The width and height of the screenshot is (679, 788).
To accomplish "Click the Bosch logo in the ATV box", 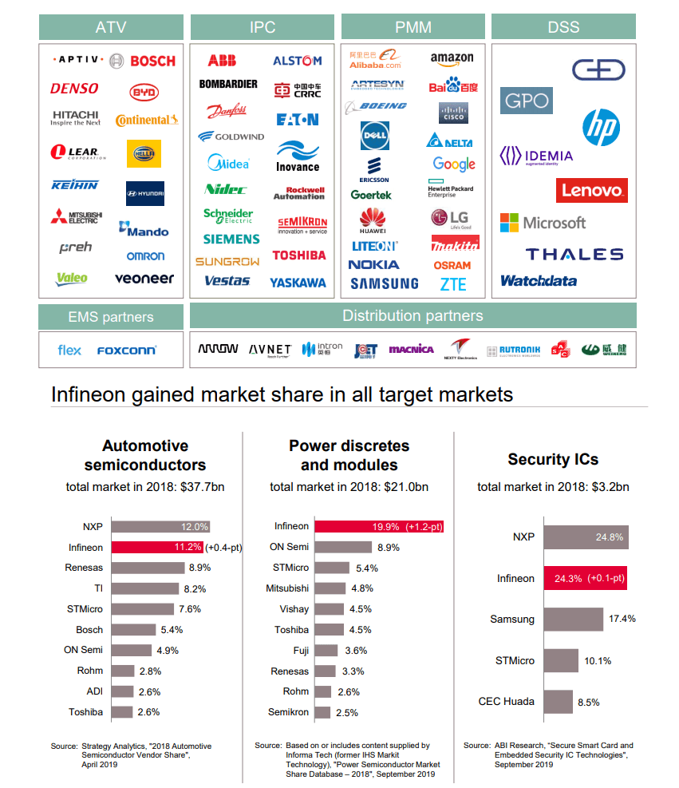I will pos(152,61).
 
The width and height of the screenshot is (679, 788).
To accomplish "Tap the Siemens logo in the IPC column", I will pos(231,239).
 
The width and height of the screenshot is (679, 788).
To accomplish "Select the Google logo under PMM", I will pos(454,164).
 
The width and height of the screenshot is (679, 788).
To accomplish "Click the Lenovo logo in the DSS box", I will pos(591,190).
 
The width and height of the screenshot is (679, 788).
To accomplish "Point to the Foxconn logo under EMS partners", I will pos(127,350).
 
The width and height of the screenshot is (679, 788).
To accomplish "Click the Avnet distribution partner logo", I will pos(270,350).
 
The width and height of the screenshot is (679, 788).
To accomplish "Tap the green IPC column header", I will pos(263,27).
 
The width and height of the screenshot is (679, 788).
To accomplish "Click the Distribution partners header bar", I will pos(413,315).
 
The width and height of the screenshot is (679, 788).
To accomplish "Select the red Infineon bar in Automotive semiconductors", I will pos(157,547).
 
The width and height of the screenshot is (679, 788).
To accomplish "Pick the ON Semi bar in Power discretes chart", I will pos(342,547).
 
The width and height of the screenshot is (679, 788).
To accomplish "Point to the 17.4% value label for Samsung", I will pos(621,620).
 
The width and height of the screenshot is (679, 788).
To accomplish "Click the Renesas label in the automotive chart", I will pos(84,568).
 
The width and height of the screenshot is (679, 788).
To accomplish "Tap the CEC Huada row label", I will pos(507,702).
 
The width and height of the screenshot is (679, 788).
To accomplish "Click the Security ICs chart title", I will pos(553,459).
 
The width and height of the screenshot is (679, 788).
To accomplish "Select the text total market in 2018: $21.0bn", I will pos(349,487).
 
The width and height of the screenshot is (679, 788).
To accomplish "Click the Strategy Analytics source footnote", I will pos(132,754).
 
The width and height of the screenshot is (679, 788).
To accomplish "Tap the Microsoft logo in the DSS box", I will pos(543,223).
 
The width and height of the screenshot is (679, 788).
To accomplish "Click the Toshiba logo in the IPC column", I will pos(299,255).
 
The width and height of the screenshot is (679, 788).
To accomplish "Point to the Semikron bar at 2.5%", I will pos(322,712).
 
